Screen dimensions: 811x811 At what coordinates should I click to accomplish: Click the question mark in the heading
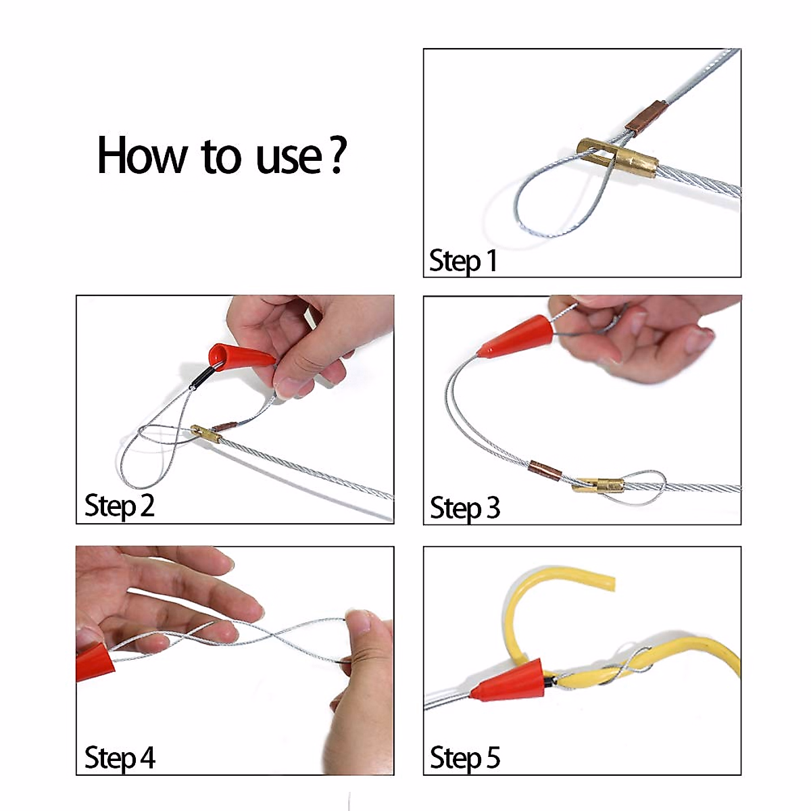[x=338, y=155]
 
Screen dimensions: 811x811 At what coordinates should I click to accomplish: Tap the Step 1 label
[x=464, y=261]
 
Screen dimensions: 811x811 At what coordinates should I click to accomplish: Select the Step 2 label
[x=120, y=506]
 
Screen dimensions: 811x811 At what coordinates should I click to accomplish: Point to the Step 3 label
[x=465, y=508]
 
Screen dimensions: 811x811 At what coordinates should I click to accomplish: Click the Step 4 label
[x=120, y=758]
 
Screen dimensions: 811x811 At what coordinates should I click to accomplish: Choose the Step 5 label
[x=465, y=758]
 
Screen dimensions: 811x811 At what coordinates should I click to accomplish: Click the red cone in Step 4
[x=95, y=662]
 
